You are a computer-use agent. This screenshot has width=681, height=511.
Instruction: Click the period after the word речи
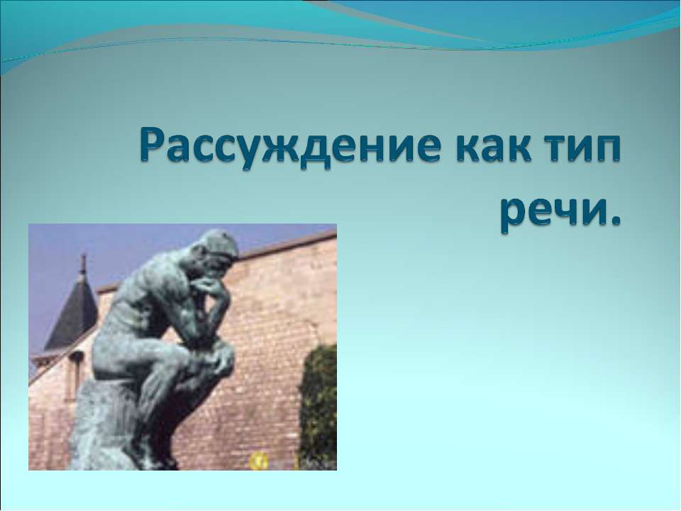(614, 226)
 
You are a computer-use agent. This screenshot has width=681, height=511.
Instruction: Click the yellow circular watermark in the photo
(256, 461)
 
